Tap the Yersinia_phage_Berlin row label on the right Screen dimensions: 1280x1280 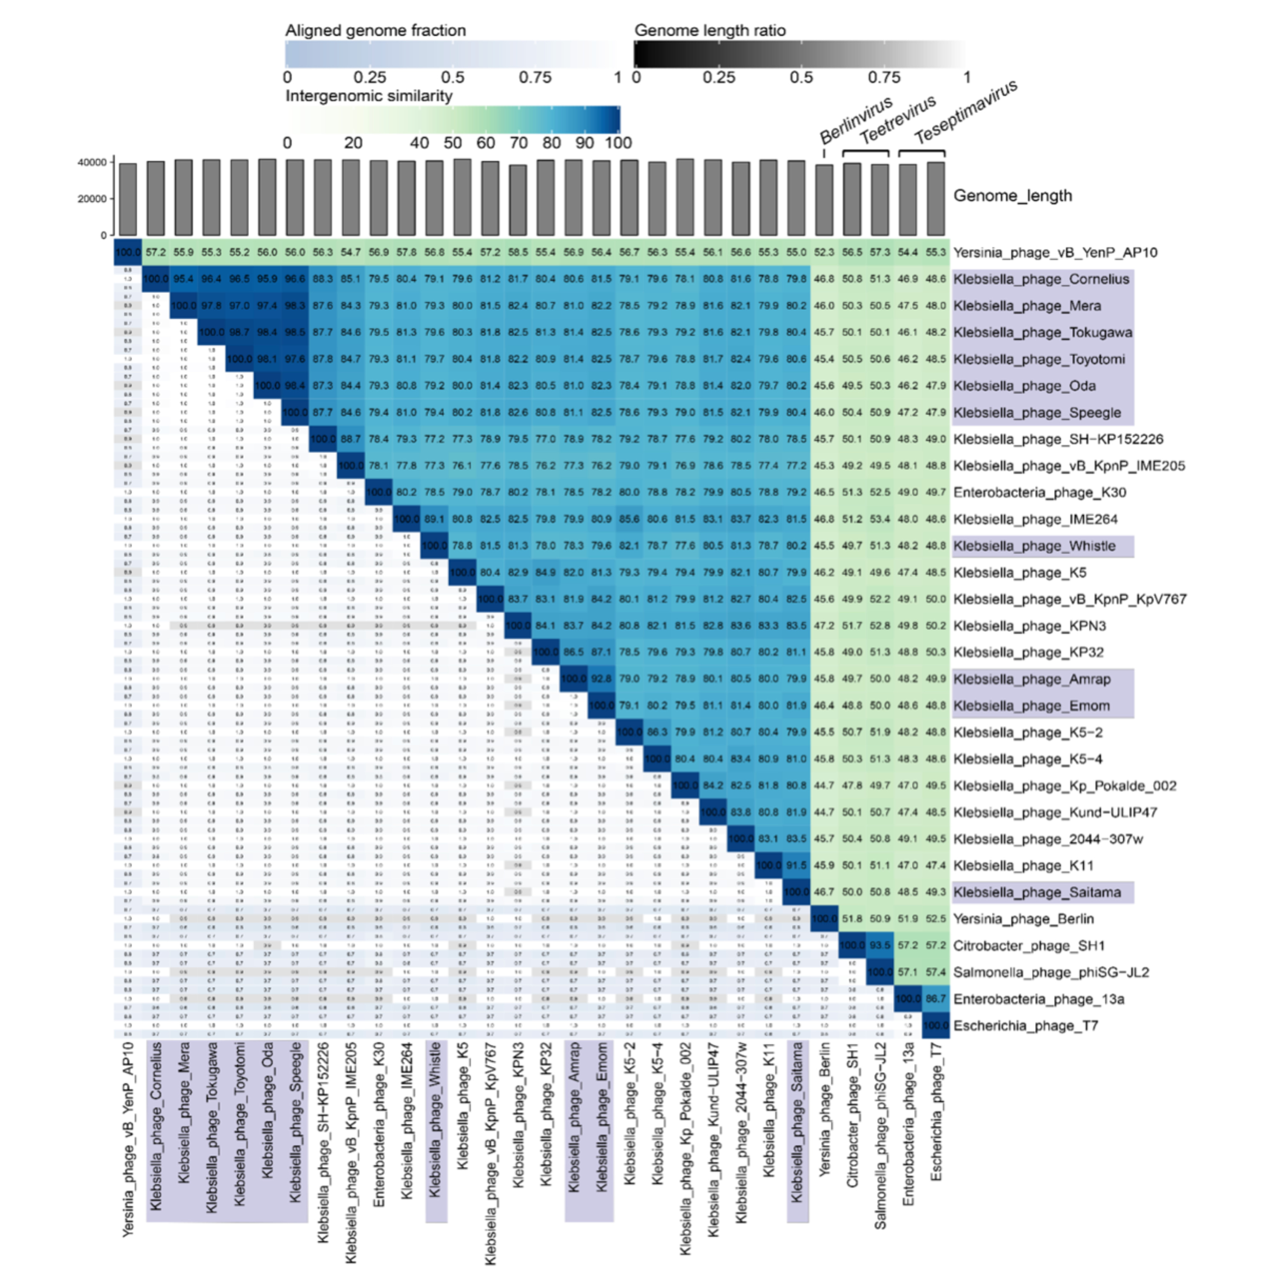1023,919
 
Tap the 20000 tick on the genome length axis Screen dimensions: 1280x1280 91,199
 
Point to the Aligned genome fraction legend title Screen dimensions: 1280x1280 375,30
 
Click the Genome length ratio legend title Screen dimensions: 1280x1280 710,30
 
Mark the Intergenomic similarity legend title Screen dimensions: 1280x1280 368,96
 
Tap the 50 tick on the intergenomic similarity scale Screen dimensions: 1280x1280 453,143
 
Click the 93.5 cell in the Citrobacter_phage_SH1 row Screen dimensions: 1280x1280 880,945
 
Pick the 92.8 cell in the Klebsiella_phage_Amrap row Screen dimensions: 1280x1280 602,679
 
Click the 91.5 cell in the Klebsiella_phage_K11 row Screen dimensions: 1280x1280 796,865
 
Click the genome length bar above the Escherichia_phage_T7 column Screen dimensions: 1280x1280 936,199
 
